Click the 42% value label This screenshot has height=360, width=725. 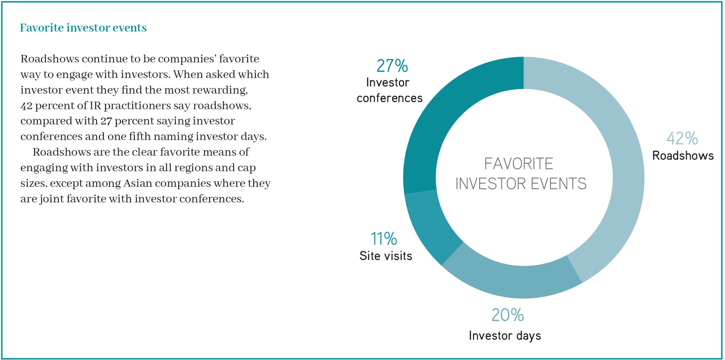pyautogui.click(x=682, y=138)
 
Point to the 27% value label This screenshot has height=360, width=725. pyautogui.click(x=392, y=66)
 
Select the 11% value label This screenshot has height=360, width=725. pyautogui.click(x=384, y=239)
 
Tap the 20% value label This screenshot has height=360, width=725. pyautogui.click(x=507, y=315)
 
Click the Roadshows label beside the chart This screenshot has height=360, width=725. pyautogui.click(x=683, y=156)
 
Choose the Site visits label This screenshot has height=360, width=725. pyautogui.click(x=386, y=256)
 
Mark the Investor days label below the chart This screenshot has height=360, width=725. pyautogui.click(x=505, y=336)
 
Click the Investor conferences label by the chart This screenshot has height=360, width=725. pyautogui.click(x=389, y=90)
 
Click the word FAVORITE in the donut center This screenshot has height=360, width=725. pyautogui.click(x=519, y=164)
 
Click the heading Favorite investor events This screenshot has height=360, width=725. pyautogui.click(x=83, y=28)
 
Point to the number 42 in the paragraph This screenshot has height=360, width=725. pyautogui.click(x=26, y=106)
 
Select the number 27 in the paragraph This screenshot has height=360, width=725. pyautogui.click(x=106, y=121)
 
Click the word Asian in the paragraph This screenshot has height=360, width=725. pyautogui.click(x=138, y=183)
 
